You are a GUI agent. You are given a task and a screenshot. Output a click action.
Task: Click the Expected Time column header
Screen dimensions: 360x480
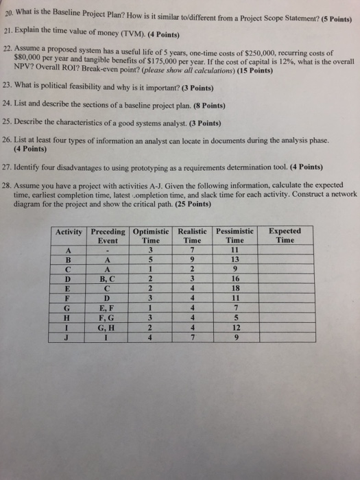pos(284,236)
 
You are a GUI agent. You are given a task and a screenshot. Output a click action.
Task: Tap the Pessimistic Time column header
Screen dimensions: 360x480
pos(235,236)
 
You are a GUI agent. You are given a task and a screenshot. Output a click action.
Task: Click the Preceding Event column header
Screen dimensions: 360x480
pos(108,236)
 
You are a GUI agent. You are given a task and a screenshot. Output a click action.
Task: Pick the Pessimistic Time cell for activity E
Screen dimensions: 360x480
pos(235,289)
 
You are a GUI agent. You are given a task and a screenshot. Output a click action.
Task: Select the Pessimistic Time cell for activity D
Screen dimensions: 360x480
pos(235,279)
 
